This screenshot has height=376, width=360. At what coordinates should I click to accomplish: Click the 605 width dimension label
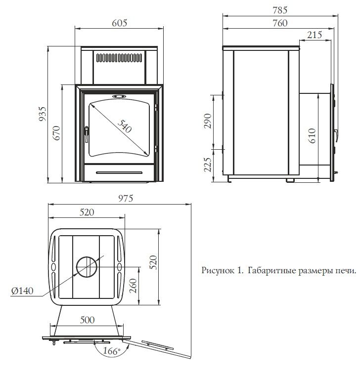click(119, 23)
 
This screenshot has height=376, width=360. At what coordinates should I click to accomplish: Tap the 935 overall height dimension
click(43, 114)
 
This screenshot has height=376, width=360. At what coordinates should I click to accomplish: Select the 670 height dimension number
click(57, 133)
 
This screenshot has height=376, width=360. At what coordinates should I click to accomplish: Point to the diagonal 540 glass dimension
click(125, 126)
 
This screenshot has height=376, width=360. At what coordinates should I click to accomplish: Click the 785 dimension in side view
click(280, 10)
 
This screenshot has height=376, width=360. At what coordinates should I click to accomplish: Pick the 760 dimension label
click(280, 23)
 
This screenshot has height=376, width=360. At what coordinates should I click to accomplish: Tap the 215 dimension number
click(315, 35)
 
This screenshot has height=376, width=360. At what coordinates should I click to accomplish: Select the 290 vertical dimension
click(208, 121)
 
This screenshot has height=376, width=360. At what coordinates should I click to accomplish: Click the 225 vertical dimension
click(208, 165)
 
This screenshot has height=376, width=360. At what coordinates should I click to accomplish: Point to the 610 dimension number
click(312, 136)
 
